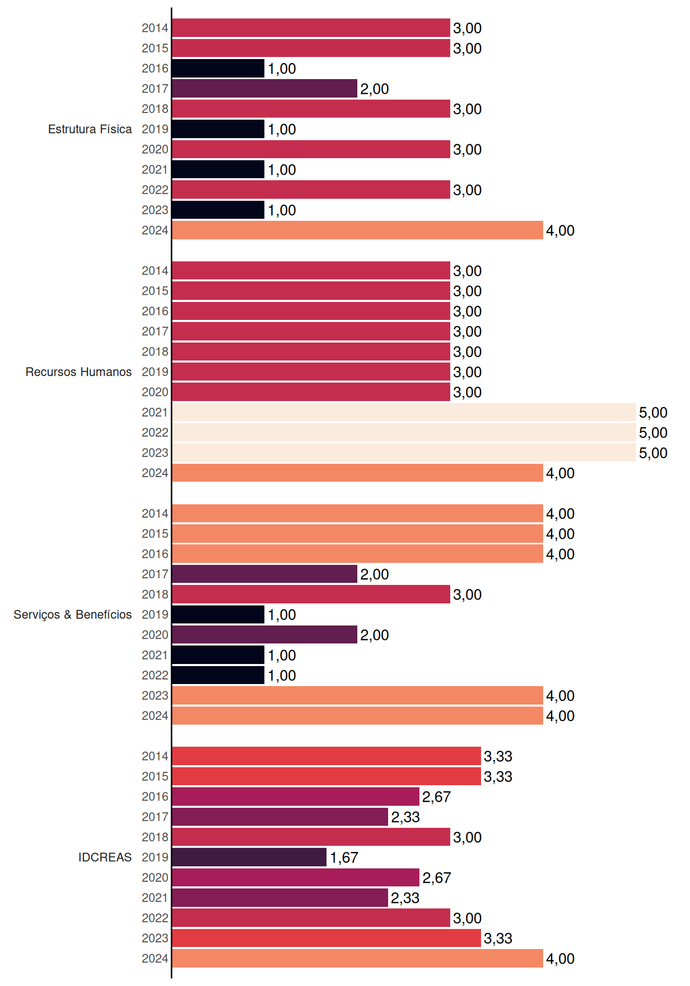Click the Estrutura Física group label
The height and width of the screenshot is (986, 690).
pos(90,129)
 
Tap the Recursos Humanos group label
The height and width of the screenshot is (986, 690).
pos(79,372)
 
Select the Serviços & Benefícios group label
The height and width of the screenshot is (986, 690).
pos(72,615)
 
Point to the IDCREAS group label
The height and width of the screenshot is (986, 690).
pos(105,857)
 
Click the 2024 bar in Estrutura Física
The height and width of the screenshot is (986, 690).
pos(357,230)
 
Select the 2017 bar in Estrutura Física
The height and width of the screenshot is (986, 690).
pos(264,88)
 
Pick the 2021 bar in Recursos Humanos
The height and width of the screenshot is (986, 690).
pos(404,412)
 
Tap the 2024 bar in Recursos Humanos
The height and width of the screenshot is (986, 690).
pos(357,473)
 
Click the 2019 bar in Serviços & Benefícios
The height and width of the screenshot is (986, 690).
pos(218,615)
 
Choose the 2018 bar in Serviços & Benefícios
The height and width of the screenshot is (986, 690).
pos(311,594)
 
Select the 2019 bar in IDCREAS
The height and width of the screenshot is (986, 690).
pos(249,857)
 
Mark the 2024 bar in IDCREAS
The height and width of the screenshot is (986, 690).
pos(357,958)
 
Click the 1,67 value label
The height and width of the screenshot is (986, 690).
pos(344,858)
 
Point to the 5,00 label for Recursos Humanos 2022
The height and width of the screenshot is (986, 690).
pos(653,433)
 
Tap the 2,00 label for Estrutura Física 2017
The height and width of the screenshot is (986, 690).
pos(374,89)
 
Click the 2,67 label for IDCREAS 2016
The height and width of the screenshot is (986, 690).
pos(436,797)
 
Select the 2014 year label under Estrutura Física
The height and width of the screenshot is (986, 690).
pos(155,28)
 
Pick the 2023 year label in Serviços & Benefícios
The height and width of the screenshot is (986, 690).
pos(155,695)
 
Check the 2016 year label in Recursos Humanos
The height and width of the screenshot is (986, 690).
pos(155,311)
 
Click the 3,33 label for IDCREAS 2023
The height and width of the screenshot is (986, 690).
pos(498,939)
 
